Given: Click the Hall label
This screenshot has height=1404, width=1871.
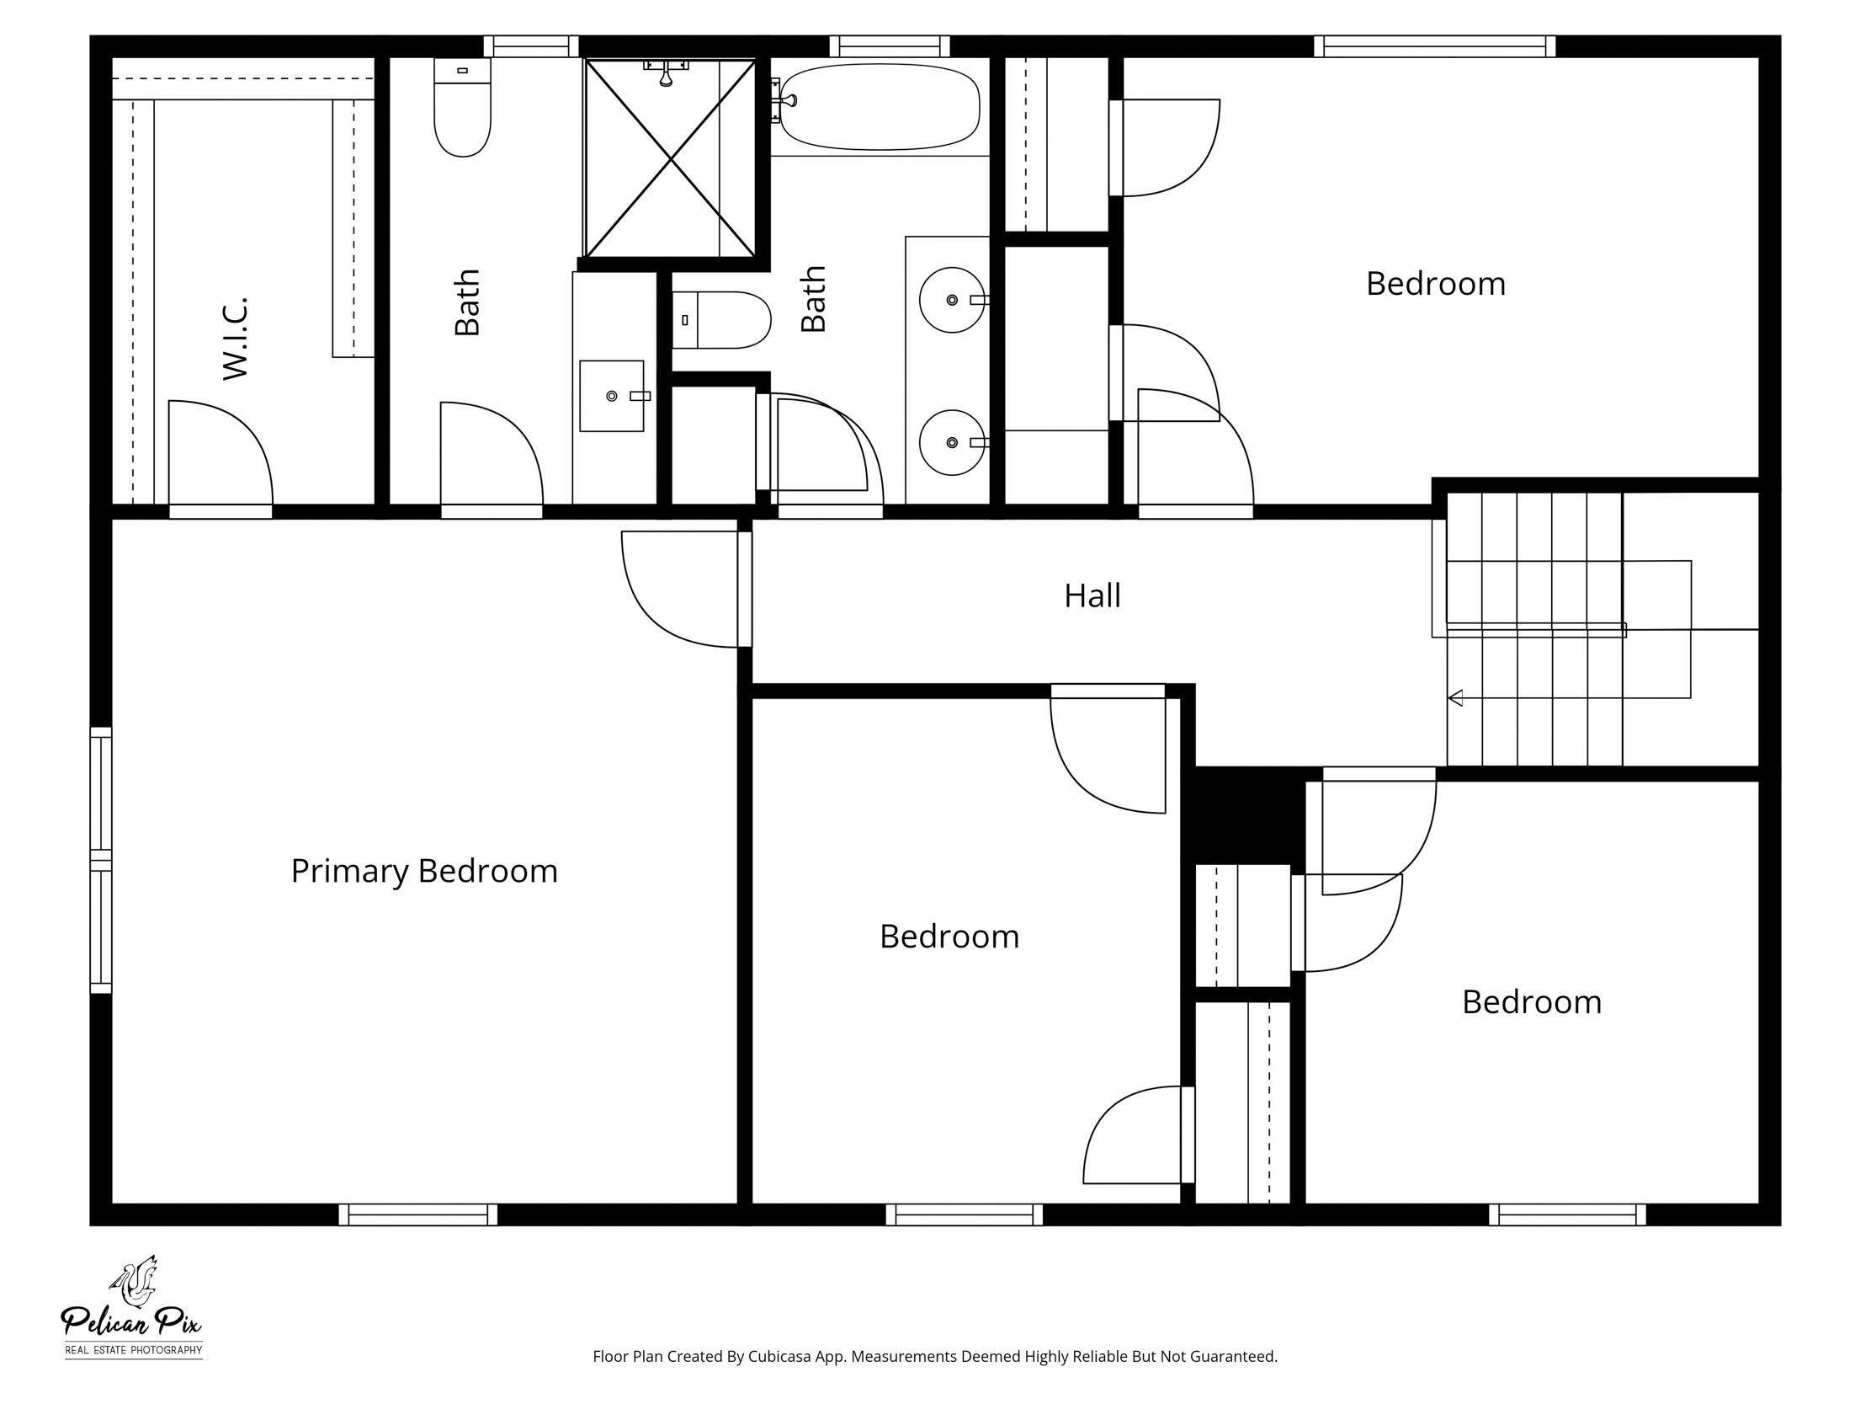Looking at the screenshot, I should pyautogui.click(x=1092, y=595).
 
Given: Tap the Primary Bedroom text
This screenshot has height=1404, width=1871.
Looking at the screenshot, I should pyautogui.click(x=423, y=871).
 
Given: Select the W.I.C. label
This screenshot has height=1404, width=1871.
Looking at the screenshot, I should pyautogui.click(x=235, y=338).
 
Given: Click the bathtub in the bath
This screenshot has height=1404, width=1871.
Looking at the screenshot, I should pyautogui.click(x=880, y=107).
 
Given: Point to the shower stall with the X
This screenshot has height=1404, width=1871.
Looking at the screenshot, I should pyautogui.click(x=670, y=158).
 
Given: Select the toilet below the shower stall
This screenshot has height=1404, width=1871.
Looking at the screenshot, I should pyautogui.click(x=720, y=320).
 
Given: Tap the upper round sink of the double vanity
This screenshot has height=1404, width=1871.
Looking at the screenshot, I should pyautogui.click(x=952, y=300).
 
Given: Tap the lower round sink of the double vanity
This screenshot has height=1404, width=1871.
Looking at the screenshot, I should pyautogui.click(x=952, y=443).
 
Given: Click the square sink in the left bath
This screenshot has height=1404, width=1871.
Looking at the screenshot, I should pyautogui.click(x=612, y=396).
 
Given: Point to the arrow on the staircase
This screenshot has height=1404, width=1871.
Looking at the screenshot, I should pyautogui.click(x=1456, y=698).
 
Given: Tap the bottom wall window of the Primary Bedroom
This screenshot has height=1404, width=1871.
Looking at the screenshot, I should pyautogui.click(x=417, y=1215).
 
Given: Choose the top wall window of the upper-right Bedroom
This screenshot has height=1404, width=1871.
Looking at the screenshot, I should pyautogui.click(x=1434, y=46).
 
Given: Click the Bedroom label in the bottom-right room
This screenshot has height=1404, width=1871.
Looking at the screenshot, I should pyautogui.click(x=1531, y=1002).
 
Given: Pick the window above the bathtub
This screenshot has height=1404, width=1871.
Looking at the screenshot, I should pyautogui.click(x=889, y=46).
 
